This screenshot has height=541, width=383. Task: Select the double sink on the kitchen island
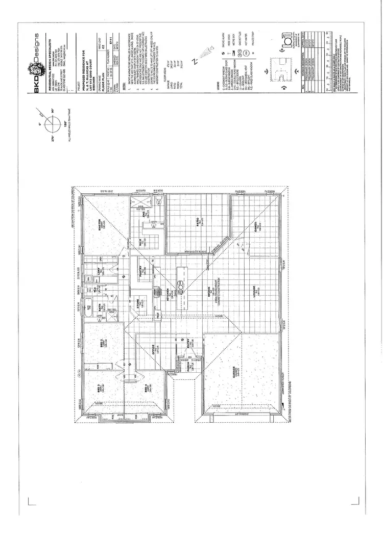coord(180,284)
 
